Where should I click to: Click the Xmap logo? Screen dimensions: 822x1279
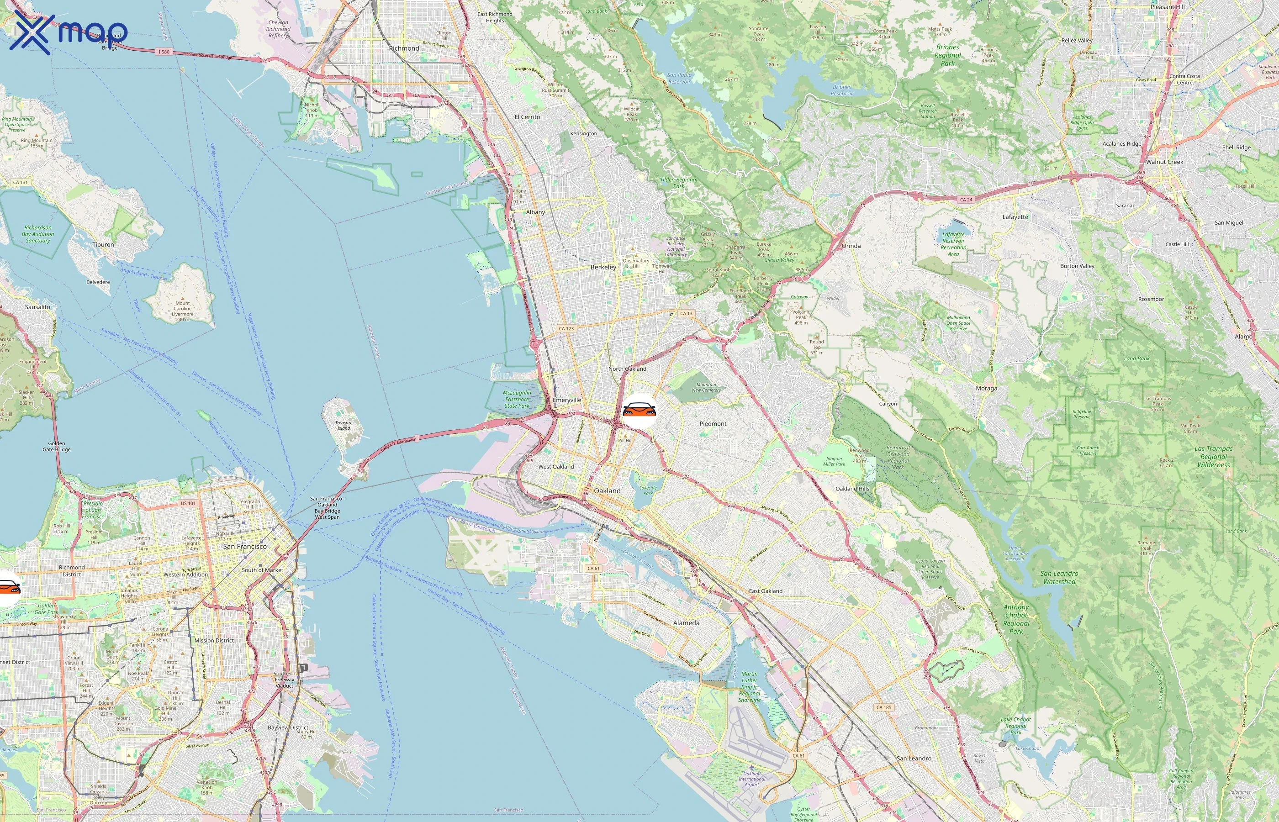[69, 33]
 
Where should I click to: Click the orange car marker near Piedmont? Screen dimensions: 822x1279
[639, 411]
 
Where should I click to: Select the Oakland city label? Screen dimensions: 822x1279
[607, 490]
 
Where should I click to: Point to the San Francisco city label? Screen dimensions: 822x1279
[244, 546]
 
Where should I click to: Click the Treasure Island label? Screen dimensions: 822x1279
[344, 426]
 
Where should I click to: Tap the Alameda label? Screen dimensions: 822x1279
[686, 623]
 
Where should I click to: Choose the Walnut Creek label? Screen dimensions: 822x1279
[1164, 162]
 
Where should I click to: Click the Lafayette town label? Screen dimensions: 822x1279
[1015, 217]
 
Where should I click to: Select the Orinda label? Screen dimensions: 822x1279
[851, 246]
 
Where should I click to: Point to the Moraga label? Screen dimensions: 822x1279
[986, 388]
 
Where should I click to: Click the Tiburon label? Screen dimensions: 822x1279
[103, 244]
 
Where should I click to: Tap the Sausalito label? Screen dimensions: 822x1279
[37, 307]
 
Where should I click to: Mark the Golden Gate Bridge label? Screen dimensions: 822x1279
[57, 446]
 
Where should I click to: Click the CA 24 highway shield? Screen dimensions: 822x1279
[966, 200]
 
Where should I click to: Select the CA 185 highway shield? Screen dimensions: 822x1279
[883, 707]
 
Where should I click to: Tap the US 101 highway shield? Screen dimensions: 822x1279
[187, 503]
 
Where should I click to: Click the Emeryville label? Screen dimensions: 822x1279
[567, 400]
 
